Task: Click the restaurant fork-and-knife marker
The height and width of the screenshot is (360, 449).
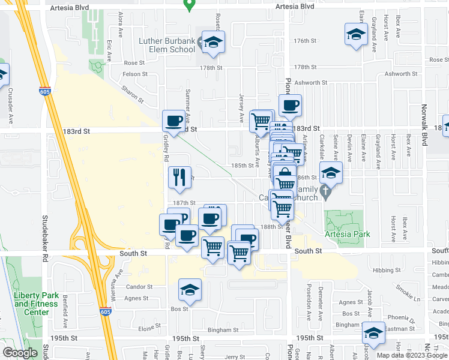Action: pos(179,176)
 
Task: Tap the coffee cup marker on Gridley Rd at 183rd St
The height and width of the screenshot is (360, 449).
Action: pos(174,120)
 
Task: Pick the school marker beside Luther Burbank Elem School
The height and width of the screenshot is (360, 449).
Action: pos(212,41)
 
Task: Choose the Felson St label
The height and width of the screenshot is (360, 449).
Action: pos(135,74)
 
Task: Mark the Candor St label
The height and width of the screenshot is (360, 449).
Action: pos(140,287)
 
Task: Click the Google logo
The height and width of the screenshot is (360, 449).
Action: pos(20,352)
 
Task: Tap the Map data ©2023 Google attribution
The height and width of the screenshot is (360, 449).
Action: pos(411,355)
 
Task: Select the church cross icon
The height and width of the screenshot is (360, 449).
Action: pos(325,194)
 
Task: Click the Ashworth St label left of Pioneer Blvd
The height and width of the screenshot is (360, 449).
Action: pos(312,83)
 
